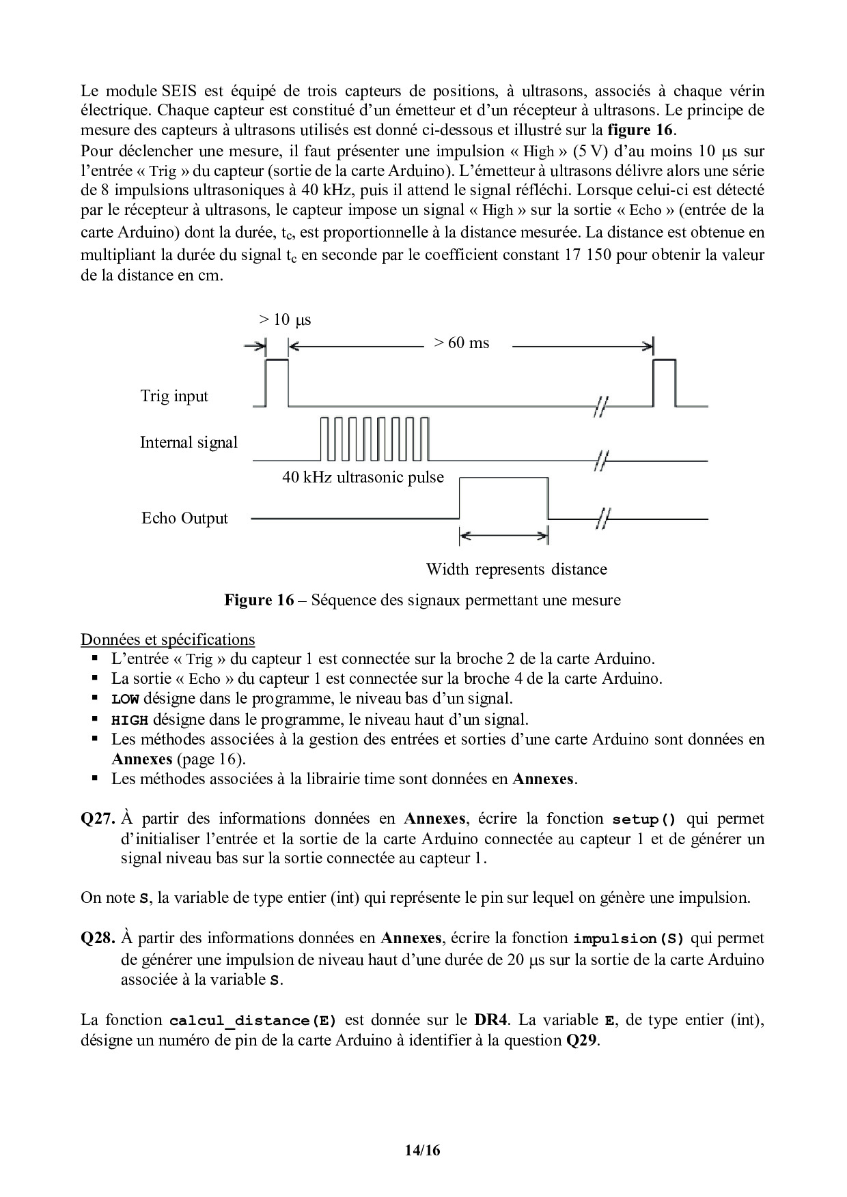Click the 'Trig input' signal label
click(x=174, y=396)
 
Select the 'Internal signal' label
click(x=189, y=442)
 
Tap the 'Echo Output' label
click(x=184, y=518)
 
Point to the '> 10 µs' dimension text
click(x=285, y=319)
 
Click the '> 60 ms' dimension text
click(x=462, y=343)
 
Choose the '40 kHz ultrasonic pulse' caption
click(x=363, y=477)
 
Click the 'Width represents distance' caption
click(x=516, y=569)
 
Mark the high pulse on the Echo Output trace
click(x=503, y=498)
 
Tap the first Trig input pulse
click(x=277, y=382)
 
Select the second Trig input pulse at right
click(x=665, y=383)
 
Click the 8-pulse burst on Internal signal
click(x=375, y=439)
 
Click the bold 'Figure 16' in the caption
click(x=259, y=600)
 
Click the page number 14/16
click(x=423, y=1150)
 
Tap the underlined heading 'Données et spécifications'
click(x=167, y=639)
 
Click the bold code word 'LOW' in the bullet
click(x=125, y=699)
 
